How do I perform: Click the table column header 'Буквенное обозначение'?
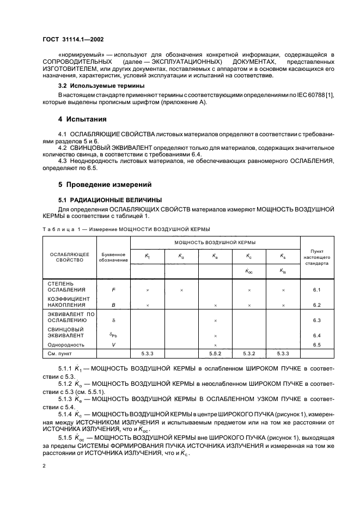pos(113,257)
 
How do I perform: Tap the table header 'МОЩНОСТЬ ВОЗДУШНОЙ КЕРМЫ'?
pos(216,242)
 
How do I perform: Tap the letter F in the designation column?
pos(113,290)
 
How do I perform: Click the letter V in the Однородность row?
pos(113,345)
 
